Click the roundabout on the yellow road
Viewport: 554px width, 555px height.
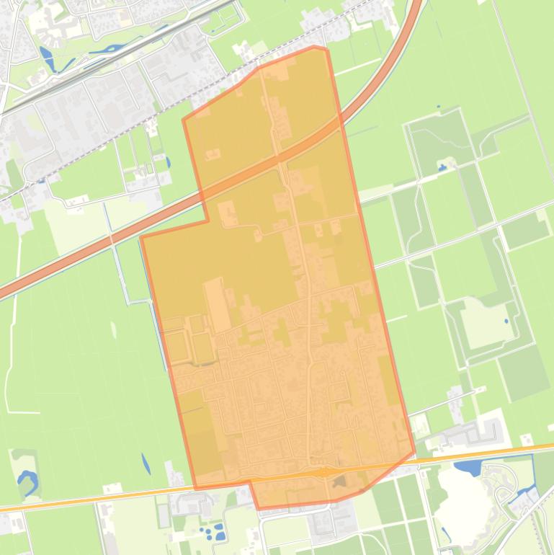325,471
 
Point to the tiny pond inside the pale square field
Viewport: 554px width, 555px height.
506,321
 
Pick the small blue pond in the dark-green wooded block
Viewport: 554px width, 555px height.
442,167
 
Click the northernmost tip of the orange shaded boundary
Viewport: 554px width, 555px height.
315,47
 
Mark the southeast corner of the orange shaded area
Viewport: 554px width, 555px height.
414,453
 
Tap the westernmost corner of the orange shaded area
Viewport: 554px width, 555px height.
141,237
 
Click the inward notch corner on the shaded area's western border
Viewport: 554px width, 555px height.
208,221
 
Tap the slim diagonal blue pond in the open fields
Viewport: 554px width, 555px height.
146,463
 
